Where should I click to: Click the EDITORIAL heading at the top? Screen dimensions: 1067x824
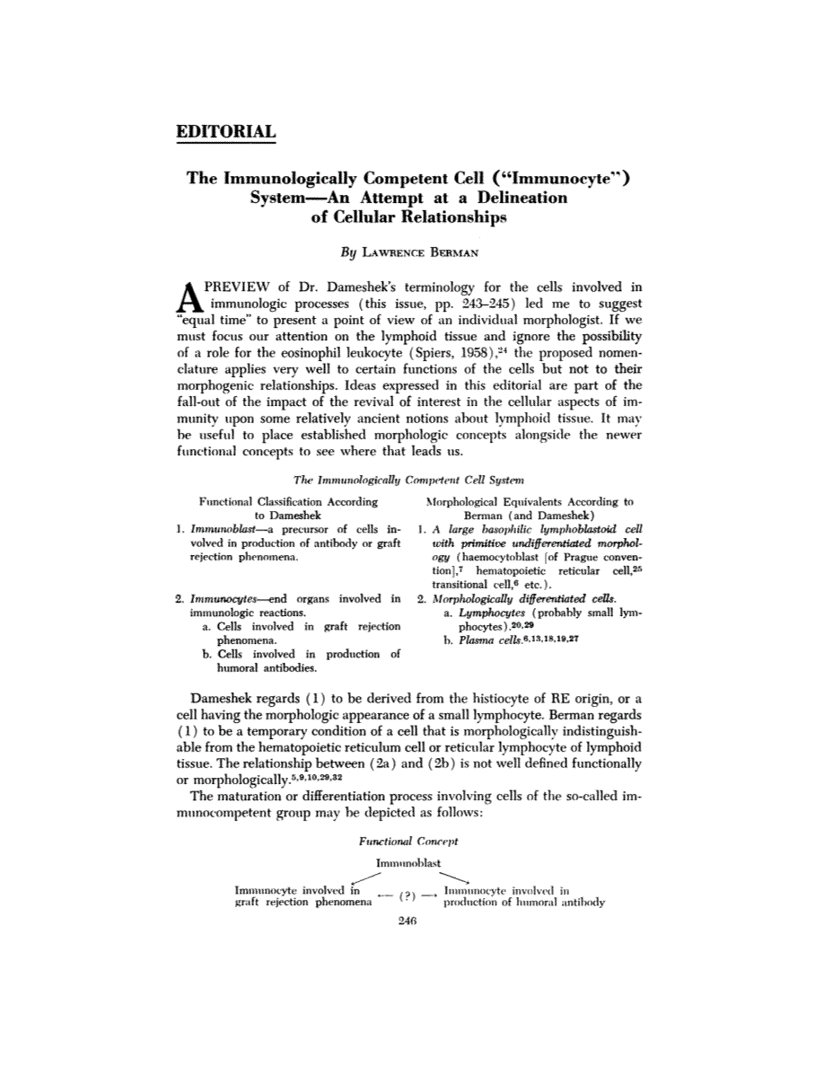[x=225, y=131]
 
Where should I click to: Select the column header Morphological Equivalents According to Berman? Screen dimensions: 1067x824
[x=530, y=509]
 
